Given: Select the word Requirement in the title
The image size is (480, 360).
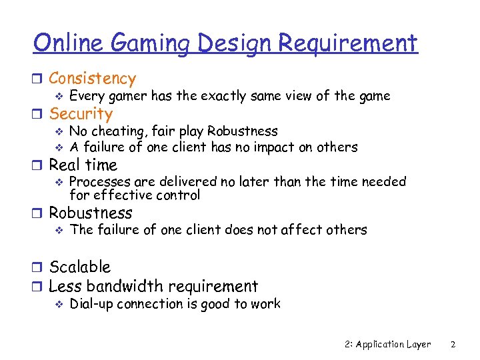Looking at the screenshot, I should coord(347,45).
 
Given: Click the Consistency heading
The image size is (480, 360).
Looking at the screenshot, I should coord(92,79).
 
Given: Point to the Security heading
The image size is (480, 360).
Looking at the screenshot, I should coord(81,114).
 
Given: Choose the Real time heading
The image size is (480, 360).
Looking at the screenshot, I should coord(83,165).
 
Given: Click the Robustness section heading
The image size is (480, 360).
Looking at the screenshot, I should coord(91,213).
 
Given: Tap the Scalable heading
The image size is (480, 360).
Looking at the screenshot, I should coord(79,267).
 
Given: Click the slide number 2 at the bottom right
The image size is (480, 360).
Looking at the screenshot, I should coord(453,345).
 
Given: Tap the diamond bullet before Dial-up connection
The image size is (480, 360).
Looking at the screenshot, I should coord(59,305).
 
